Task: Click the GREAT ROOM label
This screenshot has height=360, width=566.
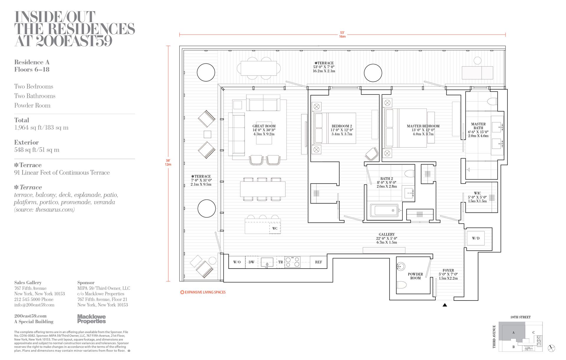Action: coord(264,126)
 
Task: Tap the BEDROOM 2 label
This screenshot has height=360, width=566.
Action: coord(342,126)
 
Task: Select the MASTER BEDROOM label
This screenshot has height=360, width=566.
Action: coord(423,126)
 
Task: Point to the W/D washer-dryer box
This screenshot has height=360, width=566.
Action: coord(475,238)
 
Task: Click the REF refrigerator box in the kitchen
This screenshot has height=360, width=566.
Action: coord(318,262)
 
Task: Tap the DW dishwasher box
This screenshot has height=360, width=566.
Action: coord(251,262)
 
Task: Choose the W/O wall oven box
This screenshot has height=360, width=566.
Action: coord(237,262)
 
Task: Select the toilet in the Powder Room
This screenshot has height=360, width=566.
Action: coord(402,285)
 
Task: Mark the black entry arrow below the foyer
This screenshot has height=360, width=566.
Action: coord(445,305)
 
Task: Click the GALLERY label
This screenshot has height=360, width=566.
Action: coord(386,234)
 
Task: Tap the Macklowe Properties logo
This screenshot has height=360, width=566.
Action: coord(91,319)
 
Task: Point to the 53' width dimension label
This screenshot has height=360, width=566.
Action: coord(342,33)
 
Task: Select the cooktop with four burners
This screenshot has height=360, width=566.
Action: coord(292,262)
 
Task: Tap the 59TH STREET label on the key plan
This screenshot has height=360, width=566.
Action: coord(521,317)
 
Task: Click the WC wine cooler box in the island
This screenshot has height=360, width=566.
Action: coord(275,229)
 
